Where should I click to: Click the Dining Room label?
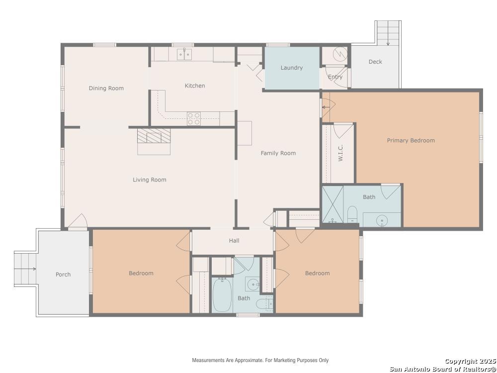point(106,88)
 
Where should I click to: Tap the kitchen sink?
point(184,54)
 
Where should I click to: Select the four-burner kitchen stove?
point(194,119)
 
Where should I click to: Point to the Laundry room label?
point(292,68)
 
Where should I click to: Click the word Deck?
point(375,62)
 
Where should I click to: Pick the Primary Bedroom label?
point(411,140)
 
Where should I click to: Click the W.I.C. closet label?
point(341,153)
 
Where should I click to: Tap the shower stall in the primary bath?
point(332,204)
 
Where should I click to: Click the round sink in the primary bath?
point(382,220)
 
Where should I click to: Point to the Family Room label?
point(278,153)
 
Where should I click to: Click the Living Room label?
point(149,180)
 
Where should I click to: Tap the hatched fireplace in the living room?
point(154,136)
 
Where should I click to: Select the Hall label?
point(234,240)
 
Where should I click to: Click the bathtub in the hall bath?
point(222,295)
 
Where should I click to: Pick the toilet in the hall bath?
point(264,303)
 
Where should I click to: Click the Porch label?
point(63,275)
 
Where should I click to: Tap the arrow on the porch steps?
point(25,269)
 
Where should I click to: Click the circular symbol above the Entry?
point(340,54)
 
